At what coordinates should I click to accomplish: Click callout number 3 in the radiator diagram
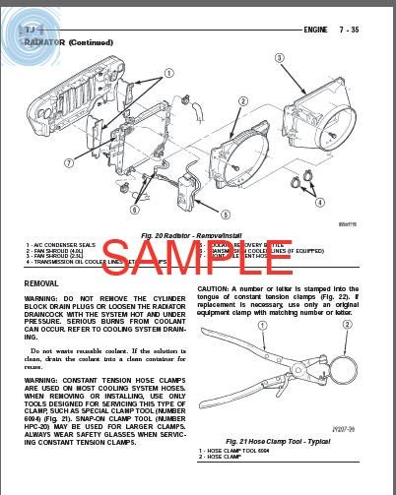279,58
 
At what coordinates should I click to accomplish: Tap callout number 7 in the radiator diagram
69,162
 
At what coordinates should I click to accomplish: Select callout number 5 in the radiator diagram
226,214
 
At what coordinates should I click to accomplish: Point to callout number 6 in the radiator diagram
134,208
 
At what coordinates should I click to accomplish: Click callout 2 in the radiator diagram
242,101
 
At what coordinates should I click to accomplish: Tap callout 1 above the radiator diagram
168,73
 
